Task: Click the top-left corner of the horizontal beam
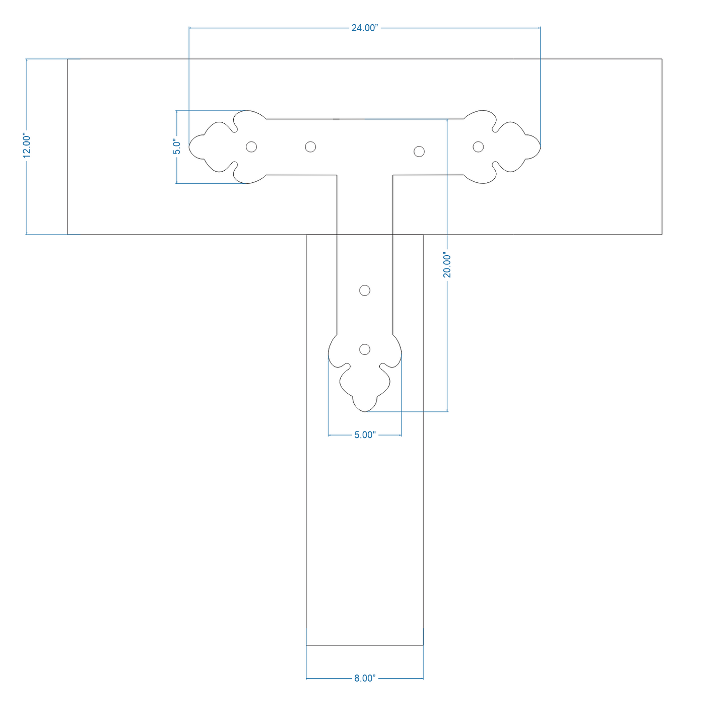(x=68, y=59)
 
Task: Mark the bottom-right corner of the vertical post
(x=423, y=645)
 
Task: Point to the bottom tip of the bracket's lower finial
(x=365, y=412)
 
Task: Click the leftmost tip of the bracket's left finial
(x=189, y=146)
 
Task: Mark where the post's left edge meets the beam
(x=306, y=235)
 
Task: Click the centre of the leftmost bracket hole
(x=251, y=147)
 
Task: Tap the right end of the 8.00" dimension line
(x=423, y=678)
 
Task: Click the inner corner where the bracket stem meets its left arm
(x=337, y=175)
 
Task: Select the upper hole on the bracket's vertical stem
(x=365, y=290)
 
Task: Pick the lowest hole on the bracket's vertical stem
(x=365, y=349)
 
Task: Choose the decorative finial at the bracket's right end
(x=502, y=147)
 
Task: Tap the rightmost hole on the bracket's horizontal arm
(x=478, y=147)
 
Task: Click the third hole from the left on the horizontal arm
(x=419, y=152)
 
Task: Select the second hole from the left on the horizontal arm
(x=310, y=147)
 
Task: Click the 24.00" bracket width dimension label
(x=365, y=28)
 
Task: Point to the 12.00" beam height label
(x=26, y=145)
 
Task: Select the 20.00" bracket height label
(x=447, y=266)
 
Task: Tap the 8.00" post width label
(x=365, y=678)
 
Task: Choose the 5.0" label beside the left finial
(x=177, y=147)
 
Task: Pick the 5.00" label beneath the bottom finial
(x=365, y=435)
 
